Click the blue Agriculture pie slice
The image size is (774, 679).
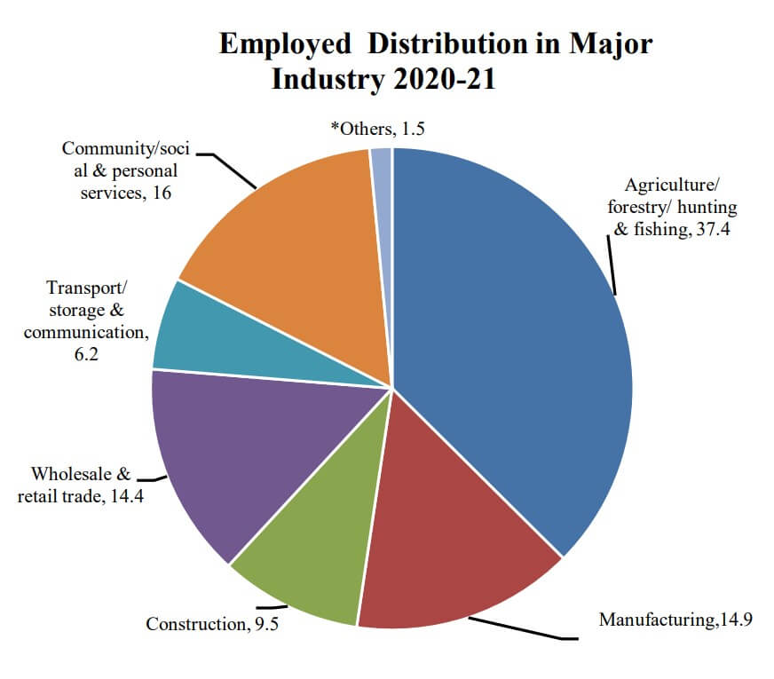[515, 337]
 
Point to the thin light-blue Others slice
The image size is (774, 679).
[382, 178]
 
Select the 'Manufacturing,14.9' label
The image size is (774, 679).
[675, 620]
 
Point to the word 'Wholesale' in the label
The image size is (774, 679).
[75, 474]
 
